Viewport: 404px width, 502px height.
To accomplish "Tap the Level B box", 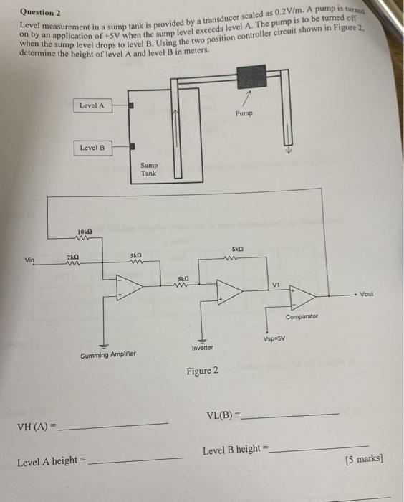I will click(x=92, y=148).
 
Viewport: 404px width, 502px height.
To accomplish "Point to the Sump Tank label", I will click(x=148, y=169).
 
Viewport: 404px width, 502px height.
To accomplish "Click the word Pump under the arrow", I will click(x=243, y=114).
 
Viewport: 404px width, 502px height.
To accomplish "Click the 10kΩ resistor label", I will click(x=84, y=231).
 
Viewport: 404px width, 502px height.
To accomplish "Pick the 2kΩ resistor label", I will click(x=72, y=256).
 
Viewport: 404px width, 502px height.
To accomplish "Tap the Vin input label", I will click(x=29, y=260).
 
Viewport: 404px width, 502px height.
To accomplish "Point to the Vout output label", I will click(x=366, y=294).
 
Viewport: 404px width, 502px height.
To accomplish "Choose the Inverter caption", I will click(x=203, y=348).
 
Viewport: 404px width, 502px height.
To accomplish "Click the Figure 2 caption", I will click(x=203, y=371).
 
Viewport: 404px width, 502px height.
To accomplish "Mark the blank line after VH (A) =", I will click(x=115, y=425).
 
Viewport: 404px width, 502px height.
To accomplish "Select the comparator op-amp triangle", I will click(x=304, y=295).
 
